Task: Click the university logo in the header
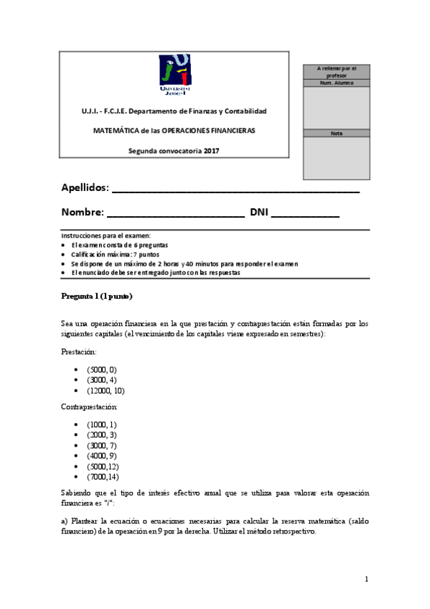(174, 73)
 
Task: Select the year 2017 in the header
(211, 151)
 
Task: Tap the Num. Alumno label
(336, 83)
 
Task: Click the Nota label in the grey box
(336, 133)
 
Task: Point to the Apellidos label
(85, 188)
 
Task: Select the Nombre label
(83, 213)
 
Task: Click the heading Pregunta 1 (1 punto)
(97, 297)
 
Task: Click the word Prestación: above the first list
(79, 352)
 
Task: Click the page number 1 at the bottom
(366, 579)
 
